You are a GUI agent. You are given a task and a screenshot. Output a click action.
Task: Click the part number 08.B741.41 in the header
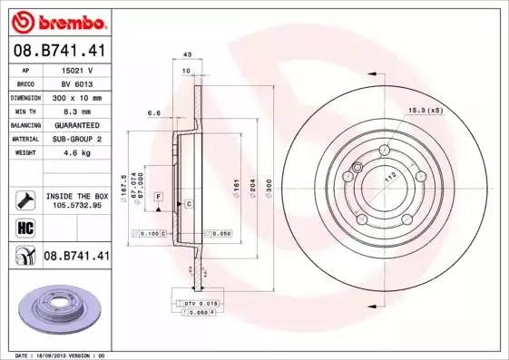[61, 53]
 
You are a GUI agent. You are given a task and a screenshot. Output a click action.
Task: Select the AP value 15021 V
[78, 69]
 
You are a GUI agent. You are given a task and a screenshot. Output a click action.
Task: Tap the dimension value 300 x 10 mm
[78, 95]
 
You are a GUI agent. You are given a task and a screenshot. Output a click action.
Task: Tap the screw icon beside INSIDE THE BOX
[25, 199]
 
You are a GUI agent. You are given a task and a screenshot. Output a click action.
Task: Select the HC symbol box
[25, 227]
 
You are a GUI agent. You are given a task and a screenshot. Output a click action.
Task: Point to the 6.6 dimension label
[153, 114]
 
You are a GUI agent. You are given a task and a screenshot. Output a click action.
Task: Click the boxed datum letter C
[188, 204]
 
